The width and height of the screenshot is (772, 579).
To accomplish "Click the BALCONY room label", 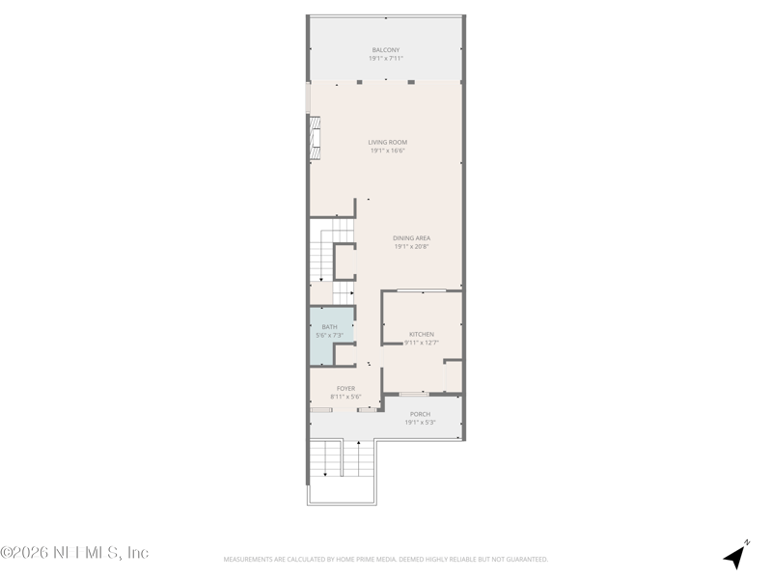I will [x=385, y=50].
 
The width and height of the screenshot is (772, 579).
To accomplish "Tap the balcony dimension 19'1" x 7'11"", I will [x=385, y=58].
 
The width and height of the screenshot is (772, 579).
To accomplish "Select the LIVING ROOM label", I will [x=387, y=143].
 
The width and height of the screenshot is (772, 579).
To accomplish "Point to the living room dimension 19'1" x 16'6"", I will [x=387, y=151].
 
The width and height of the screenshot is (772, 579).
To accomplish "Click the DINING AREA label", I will [x=411, y=238].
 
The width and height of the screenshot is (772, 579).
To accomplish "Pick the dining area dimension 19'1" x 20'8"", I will [x=411, y=246].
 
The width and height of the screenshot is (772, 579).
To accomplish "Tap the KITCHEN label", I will [x=422, y=335].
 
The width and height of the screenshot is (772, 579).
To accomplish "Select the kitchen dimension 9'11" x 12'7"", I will [x=422, y=343].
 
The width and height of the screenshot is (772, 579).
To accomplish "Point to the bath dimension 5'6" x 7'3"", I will [x=330, y=336].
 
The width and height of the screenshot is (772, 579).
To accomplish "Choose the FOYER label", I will [x=345, y=389].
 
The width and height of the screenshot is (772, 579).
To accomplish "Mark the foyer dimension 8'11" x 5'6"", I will [x=345, y=397].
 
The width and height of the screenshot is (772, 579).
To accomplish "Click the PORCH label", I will [x=420, y=414].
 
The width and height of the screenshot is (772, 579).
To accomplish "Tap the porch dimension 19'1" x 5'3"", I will [x=420, y=422].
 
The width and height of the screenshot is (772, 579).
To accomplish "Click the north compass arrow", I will [x=737, y=555].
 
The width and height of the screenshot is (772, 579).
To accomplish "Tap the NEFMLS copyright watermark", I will [x=74, y=553].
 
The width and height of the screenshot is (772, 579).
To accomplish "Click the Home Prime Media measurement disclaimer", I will [x=386, y=559].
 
